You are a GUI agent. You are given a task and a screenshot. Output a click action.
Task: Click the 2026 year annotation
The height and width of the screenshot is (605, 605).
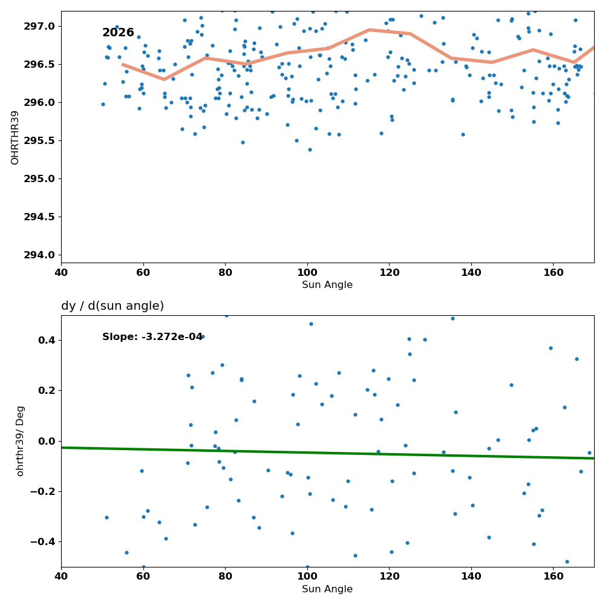point(118,33)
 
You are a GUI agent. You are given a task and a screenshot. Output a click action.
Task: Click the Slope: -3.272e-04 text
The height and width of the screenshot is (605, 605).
point(152,337)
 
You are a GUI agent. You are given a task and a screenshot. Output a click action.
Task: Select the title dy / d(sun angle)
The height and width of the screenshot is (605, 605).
point(113,306)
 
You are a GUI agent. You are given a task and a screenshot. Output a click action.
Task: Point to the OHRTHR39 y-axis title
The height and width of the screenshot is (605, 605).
point(15,138)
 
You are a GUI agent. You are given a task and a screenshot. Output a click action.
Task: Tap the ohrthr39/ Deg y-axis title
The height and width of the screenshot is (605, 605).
point(20,441)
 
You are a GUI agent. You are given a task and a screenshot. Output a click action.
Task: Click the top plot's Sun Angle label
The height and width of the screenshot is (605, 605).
point(327,285)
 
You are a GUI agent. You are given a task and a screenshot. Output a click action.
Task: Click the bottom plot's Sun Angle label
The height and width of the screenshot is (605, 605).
point(327,589)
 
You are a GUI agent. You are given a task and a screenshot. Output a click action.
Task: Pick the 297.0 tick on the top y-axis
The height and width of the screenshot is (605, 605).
point(40,27)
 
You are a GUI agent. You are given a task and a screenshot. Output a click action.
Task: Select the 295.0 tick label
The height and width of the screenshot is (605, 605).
point(40,179)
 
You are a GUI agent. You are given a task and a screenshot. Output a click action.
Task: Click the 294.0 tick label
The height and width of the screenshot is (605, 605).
point(40,255)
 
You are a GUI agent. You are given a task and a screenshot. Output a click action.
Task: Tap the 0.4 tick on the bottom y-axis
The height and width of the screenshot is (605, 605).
point(47,341)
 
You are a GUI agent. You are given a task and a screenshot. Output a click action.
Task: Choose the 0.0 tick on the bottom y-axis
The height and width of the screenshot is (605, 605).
point(47,442)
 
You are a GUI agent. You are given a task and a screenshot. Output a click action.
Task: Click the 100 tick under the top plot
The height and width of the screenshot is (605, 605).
point(307,273)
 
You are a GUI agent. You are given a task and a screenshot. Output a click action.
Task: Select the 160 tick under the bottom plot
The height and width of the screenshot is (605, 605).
point(554,577)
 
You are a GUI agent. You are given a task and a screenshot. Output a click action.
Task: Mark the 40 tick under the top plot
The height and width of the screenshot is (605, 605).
point(61,273)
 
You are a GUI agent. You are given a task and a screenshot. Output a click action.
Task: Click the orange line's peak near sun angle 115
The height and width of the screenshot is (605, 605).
point(369,29)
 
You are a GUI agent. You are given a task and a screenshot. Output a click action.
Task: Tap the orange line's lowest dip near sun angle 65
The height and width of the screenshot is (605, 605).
point(165,79)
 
